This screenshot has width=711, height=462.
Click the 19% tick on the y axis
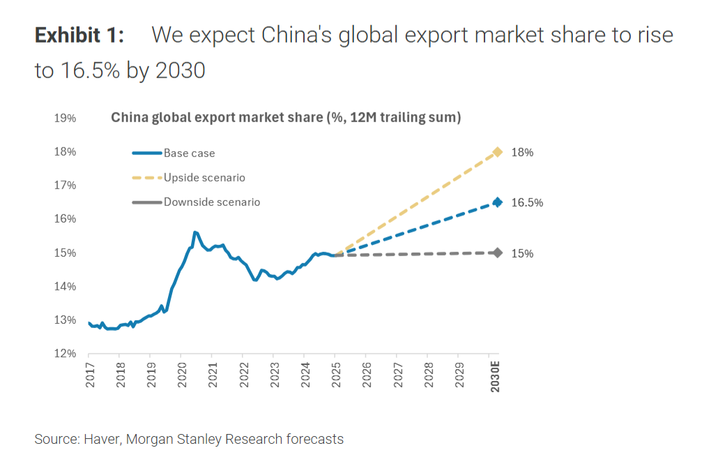click(x=65, y=118)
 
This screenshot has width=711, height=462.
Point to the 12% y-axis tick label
click(x=65, y=354)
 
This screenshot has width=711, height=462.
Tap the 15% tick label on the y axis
click(x=65, y=253)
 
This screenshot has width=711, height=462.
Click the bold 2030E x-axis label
click(x=496, y=376)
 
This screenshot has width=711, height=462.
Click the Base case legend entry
click(x=189, y=154)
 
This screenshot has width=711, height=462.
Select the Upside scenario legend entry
click(x=204, y=178)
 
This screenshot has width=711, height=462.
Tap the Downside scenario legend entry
click(x=211, y=202)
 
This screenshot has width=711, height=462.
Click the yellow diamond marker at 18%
click(x=498, y=152)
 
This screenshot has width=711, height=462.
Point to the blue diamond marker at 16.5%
click(x=498, y=202)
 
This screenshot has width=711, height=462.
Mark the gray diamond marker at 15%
click(x=498, y=253)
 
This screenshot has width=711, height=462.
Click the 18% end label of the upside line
click(x=522, y=152)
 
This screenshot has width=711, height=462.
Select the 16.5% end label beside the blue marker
click(x=527, y=203)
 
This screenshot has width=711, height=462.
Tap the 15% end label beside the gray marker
click(x=522, y=253)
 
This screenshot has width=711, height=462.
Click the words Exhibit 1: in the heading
click(x=79, y=35)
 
